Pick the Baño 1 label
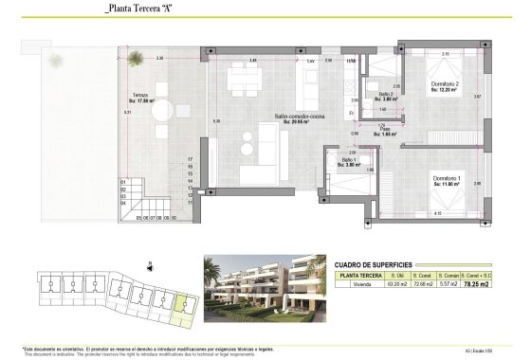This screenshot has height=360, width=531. click(x=349, y=163)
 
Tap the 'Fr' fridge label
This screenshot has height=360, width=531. click(x=351, y=113)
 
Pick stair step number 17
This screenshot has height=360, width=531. click(x=191, y=159)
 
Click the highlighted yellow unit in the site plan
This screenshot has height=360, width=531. click(x=182, y=304)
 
